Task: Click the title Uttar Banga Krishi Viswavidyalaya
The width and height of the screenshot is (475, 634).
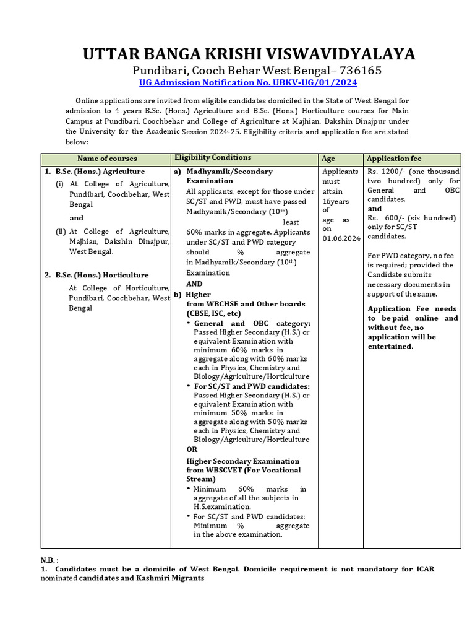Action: pyautogui.click(x=249, y=54)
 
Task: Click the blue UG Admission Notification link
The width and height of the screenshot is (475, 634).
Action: pyautogui.click(x=249, y=82)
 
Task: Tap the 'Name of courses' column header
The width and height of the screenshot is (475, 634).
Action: pyautogui.click(x=107, y=158)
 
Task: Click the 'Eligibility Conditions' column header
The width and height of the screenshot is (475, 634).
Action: pyautogui.click(x=213, y=158)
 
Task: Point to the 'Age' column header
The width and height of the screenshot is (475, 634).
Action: pyautogui.click(x=328, y=158)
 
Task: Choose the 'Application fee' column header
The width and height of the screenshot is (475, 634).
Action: pyautogui.click(x=393, y=158)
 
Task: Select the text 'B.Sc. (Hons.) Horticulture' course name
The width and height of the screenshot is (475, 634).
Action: pyautogui.click(x=102, y=275)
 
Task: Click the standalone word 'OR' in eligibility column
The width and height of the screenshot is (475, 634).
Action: pyautogui.click(x=192, y=449)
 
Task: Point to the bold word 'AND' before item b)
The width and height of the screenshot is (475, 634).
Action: pyautogui.click(x=194, y=284)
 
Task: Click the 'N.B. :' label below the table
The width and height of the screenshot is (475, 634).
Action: pyautogui.click(x=49, y=560)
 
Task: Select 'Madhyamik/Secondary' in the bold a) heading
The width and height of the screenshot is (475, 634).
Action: pyautogui.click(x=229, y=172)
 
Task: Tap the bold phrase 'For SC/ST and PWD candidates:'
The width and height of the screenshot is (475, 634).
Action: pyautogui.click(x=252, y=386)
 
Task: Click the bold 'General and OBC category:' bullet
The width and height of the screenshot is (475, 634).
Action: pyautogui.click(x=252, y=323)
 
